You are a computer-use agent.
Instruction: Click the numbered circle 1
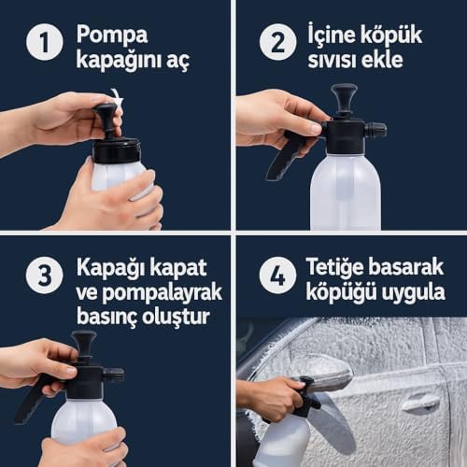45,42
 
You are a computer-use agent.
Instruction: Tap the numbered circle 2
277,42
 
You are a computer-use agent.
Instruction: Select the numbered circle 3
45,276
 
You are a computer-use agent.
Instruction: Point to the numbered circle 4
277,276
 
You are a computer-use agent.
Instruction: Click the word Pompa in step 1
112,35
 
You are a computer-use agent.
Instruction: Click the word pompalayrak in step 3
162,293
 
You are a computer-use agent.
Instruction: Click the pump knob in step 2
344,99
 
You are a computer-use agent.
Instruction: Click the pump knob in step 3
83,345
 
